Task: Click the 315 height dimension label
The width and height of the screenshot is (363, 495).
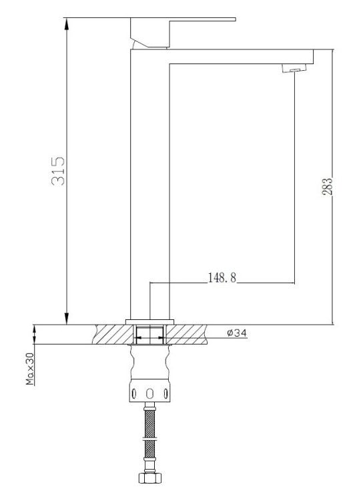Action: [58, 171]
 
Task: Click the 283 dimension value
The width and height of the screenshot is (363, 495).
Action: [328, 187]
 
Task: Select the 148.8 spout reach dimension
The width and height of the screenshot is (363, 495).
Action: [222, 278]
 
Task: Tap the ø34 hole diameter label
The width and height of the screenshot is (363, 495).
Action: [237, 333]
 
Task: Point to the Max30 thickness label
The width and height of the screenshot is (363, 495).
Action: [30, 369]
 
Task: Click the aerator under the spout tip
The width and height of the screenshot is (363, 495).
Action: [294, 68]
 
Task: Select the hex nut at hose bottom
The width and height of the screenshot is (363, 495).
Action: [149, 478]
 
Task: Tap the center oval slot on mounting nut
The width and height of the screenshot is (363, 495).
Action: [150, 393]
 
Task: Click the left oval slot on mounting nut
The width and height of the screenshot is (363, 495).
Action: [134, 393]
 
